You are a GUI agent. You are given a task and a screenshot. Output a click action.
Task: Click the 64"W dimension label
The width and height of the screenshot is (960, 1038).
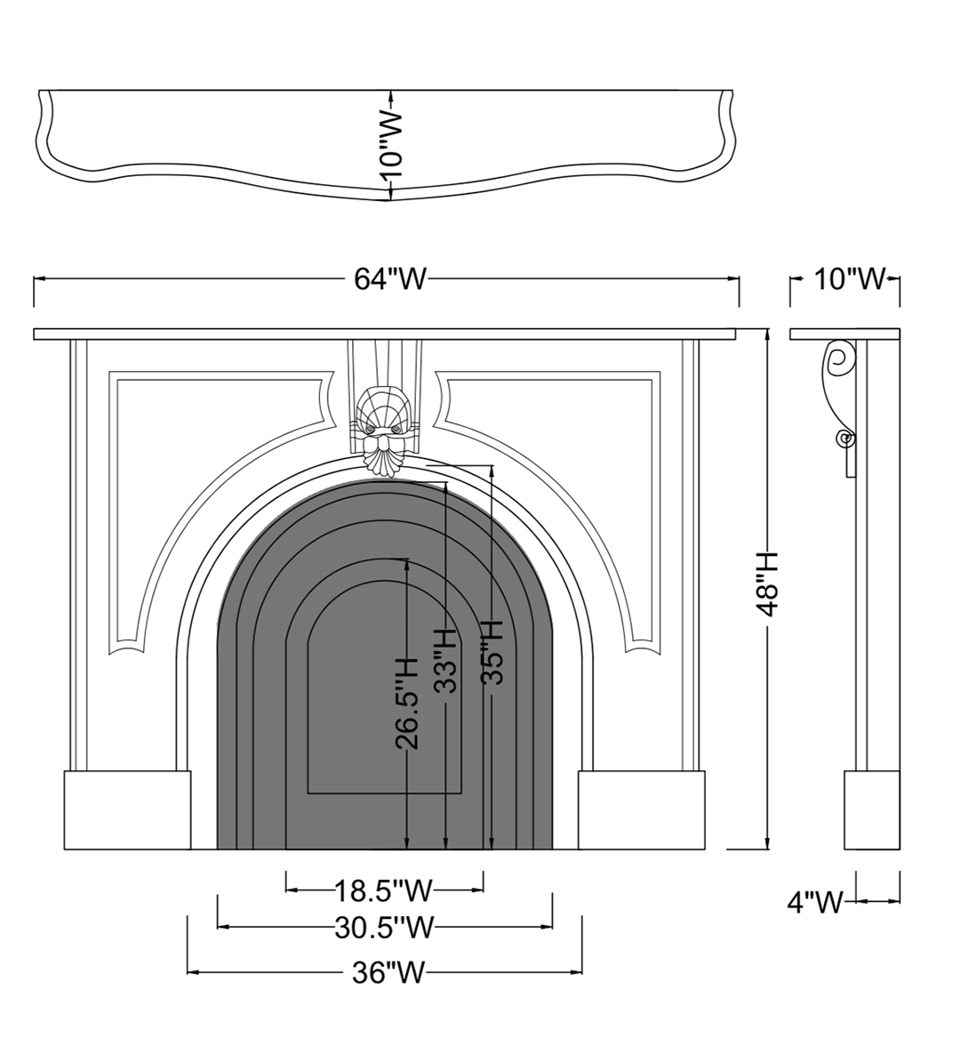390,279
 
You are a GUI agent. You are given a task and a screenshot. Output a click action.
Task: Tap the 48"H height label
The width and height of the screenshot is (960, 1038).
769,583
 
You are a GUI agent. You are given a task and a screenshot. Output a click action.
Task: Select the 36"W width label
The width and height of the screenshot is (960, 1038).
388,973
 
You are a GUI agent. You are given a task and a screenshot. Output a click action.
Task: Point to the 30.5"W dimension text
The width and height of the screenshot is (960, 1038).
384,928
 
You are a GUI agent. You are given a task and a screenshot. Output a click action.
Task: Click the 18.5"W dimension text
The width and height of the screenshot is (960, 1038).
383,890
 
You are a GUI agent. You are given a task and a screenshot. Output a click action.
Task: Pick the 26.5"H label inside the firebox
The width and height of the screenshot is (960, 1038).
408,703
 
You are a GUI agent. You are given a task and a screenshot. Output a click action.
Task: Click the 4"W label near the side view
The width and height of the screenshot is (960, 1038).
816,902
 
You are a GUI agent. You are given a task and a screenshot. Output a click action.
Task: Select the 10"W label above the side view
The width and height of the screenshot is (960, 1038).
850,278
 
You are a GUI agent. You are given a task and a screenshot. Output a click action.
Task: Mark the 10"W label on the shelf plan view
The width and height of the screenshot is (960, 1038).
391,146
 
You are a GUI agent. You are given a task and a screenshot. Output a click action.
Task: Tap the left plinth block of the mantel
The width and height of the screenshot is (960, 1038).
127,809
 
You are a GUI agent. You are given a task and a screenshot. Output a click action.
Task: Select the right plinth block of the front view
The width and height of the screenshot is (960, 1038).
642,809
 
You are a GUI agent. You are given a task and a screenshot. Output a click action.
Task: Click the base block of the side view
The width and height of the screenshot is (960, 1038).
872,809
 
